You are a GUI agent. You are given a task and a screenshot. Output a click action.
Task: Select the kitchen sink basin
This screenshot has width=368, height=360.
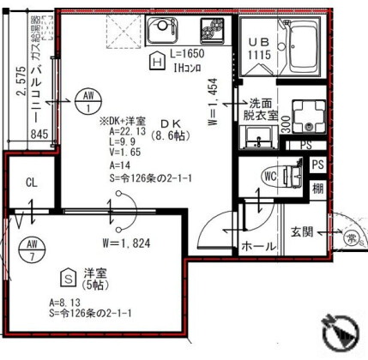tap(162, 33)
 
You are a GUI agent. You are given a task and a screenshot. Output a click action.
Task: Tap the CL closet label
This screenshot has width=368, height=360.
tap(30, 183)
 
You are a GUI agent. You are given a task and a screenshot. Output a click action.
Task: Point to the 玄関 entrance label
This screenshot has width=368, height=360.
tap(302, 231)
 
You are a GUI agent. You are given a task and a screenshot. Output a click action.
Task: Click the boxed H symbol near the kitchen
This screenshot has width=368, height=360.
tap(156, 61)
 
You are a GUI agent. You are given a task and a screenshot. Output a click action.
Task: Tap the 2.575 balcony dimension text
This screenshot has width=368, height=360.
tap(20, 94)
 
